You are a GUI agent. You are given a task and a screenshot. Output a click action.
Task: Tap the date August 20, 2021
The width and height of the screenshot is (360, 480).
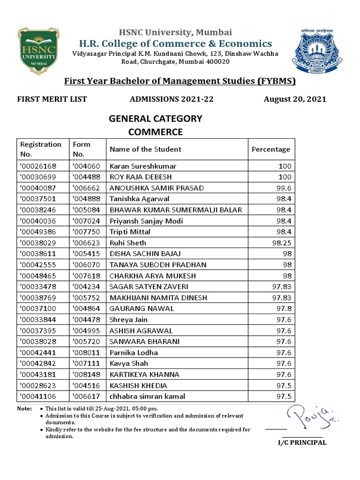tap(295, 99)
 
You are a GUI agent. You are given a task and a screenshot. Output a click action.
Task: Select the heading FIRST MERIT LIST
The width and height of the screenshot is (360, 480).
tap(52, 99)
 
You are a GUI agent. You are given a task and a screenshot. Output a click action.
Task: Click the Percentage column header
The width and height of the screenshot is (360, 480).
tap(271, 150)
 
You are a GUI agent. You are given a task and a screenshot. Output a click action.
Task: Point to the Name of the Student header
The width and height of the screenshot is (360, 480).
tap(145, 150)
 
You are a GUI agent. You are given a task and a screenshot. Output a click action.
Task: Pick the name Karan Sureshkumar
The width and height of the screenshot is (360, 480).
tap(136, 166)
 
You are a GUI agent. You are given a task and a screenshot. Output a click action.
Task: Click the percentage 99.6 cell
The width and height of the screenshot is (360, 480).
tap(283, 188)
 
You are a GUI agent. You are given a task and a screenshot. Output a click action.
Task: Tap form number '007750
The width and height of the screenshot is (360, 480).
tap(85, 232)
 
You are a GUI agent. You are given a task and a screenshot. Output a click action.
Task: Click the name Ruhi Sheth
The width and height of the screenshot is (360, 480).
tap(128, 243)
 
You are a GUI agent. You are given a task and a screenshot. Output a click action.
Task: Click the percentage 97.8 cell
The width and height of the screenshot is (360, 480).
tap(283, 308)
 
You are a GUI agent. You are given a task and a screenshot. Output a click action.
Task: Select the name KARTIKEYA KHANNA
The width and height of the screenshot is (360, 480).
tap(144, 375)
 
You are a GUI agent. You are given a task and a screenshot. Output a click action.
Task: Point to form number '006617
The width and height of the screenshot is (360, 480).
tap(85, 397)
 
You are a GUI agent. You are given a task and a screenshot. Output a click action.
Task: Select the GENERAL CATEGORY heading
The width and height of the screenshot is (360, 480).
tap(156, 119)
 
